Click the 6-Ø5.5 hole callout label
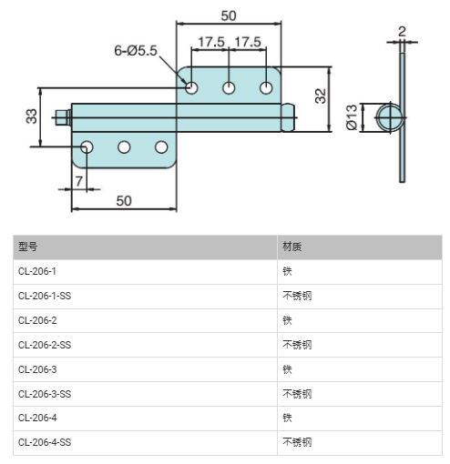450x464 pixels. pyautogui.click(x=136, y=50)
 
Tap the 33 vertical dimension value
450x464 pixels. pyautogui.click(x=31, y=116)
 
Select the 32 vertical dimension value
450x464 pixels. pyautogui.click(x=321, y=96)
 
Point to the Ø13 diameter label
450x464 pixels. pyautogui.click(x=352, y=117)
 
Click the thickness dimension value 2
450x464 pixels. pyautogui.click(x=402, y=32)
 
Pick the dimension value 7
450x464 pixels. pyautogui.click(x=79, y=181)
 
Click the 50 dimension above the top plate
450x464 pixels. pyautogui.click(x=229, y=16)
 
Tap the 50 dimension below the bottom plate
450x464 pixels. pyautogui.click(x=124, y=201)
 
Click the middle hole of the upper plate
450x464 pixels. pyautogui.click(x=229, y=88)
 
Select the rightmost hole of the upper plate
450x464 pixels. pyautogui.click(x=266, y=88)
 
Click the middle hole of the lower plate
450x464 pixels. pyautogui.click(x=124, y=147)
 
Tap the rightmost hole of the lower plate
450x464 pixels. pyautogui.click(x=161, y=147)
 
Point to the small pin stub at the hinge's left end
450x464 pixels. pyautogui.click(x=63, y=117)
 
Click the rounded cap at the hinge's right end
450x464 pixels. pyautogui.click(x=288, y=117)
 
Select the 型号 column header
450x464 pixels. pyautogui.click(x=28, y=247)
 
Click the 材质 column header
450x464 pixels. pyautogui.click(x=292, y=247)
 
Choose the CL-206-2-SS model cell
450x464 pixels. pyautogui.click(x=45, y=345)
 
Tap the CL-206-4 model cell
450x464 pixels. pyautogui.click(x=37, y=418)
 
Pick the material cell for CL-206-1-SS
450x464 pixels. pyautogui.click(x=297, y=296)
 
